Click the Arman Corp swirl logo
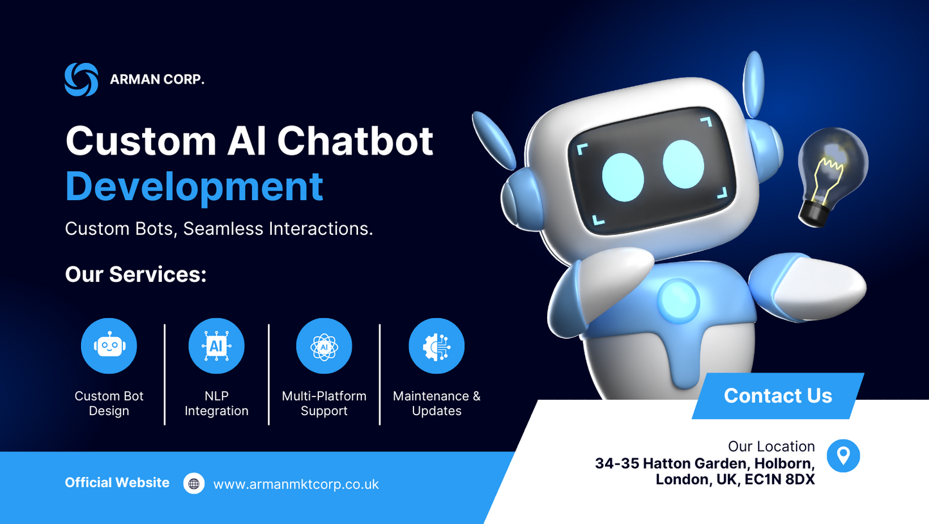[82, 80]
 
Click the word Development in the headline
[194, 186]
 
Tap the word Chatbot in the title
[355, 140]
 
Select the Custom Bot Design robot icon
[109, 346]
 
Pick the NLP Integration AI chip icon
[216, 346]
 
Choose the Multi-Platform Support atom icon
[324, 346]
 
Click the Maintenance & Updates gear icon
[437, 346]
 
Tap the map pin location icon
[843, 456]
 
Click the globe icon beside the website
[194, 483]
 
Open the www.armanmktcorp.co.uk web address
[296, 484]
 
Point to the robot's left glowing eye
[622, 177]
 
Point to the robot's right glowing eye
[683, 164]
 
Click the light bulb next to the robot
[830, 174]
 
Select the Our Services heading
[136, 274]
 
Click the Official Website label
[117, 483]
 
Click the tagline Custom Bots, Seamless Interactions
[219, 229]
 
